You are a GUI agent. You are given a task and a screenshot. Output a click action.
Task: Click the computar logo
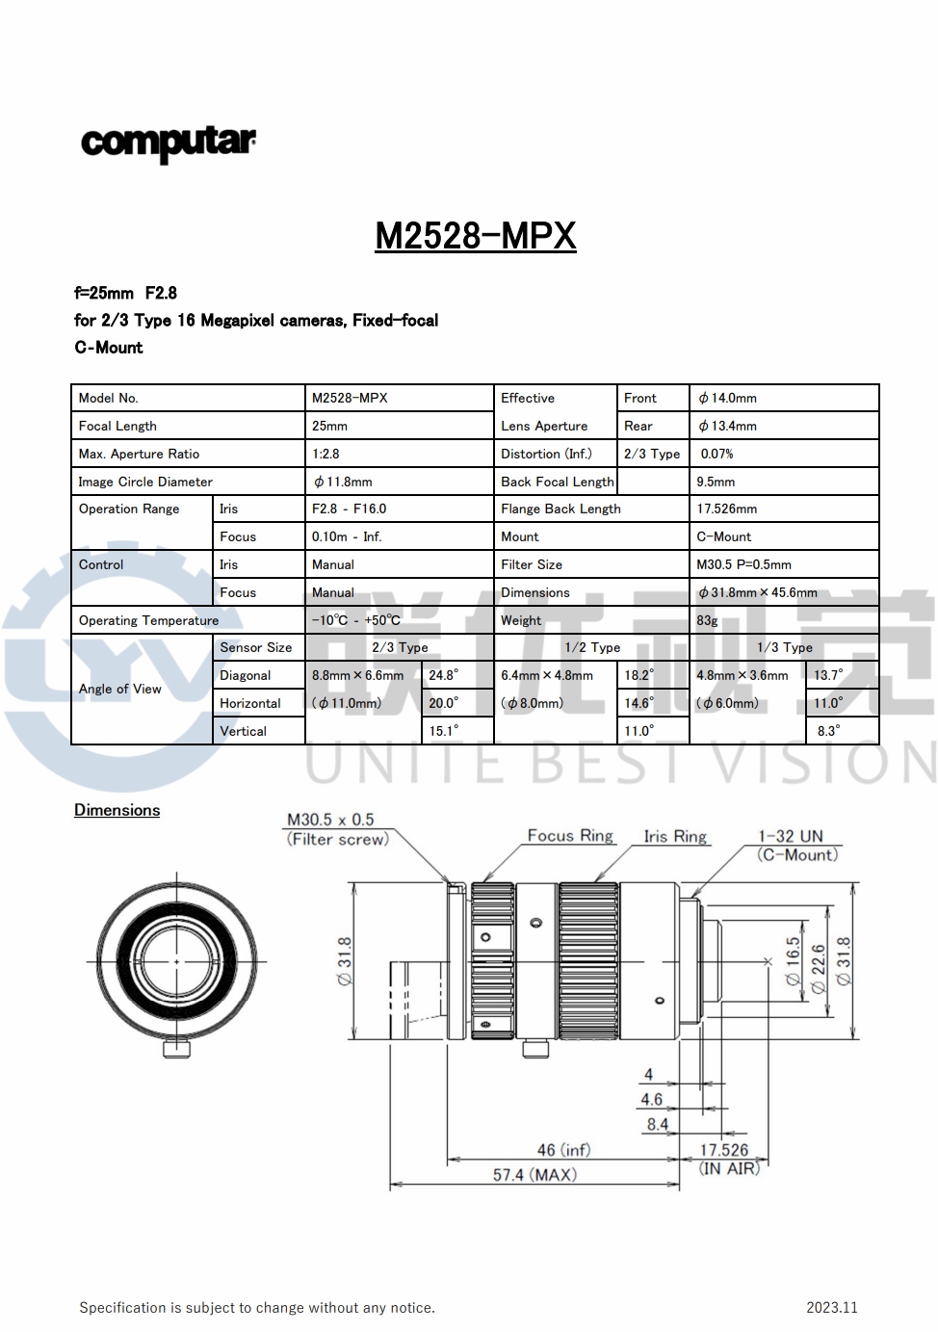point(169,143)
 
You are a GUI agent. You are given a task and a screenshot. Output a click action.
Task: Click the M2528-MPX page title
point(476,235)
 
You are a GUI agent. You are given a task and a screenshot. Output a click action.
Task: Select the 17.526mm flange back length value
point(726,509)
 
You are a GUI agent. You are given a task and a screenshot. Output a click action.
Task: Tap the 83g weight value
point(707,621)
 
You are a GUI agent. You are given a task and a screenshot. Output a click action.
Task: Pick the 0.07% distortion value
point(717,454)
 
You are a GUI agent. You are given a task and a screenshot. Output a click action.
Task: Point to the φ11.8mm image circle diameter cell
point(343,482)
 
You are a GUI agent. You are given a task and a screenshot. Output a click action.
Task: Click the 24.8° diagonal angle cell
point(443,675)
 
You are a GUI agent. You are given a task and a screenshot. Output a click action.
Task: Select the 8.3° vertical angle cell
point(828,731)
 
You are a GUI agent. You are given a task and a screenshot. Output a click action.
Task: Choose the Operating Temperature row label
point(148,620)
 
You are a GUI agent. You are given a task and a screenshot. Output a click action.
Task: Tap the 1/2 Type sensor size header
point(592,647)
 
